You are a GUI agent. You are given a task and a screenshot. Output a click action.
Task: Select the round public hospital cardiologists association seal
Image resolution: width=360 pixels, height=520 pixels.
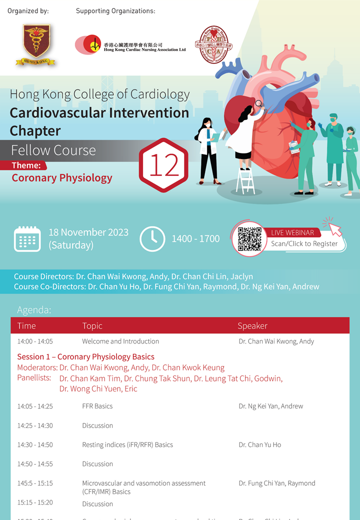(211, 45)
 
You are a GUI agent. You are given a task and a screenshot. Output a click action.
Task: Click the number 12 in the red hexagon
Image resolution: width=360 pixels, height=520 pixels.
(163, 165)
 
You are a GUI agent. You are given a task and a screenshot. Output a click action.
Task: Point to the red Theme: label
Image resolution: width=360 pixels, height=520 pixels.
(29, 165)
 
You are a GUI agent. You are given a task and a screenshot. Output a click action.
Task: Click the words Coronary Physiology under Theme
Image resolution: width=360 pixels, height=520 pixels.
(62, 178)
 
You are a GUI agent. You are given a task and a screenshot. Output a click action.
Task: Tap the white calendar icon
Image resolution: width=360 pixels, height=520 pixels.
(27, 238)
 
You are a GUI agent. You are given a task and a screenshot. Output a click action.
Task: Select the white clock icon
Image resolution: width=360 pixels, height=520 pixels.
(152, 239)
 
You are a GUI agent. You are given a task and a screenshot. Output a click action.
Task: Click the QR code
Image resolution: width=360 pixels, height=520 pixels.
(249, 239)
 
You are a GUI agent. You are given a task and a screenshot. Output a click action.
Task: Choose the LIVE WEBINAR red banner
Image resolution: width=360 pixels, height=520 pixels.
(293, 232)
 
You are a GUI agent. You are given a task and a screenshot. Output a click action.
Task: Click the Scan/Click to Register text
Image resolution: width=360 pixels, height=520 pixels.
(304, 244)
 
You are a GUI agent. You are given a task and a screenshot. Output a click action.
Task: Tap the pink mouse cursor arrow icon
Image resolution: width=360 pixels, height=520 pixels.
(332, 226)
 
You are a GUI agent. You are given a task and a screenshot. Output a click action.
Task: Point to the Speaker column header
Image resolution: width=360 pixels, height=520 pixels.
(252, 326)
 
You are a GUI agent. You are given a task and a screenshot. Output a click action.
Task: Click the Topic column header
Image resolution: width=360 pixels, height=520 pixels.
(92, 326)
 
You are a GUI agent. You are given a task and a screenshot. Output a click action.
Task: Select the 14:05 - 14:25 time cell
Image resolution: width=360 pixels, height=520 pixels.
(35, 406)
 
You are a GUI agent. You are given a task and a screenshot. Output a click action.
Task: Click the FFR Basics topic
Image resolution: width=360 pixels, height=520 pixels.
(97, 406)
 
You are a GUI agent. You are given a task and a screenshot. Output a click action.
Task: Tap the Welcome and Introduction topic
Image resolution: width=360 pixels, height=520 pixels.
(120, 341)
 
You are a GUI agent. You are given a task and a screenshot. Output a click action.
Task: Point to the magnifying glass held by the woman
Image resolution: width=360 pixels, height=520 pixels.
(259, 104)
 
